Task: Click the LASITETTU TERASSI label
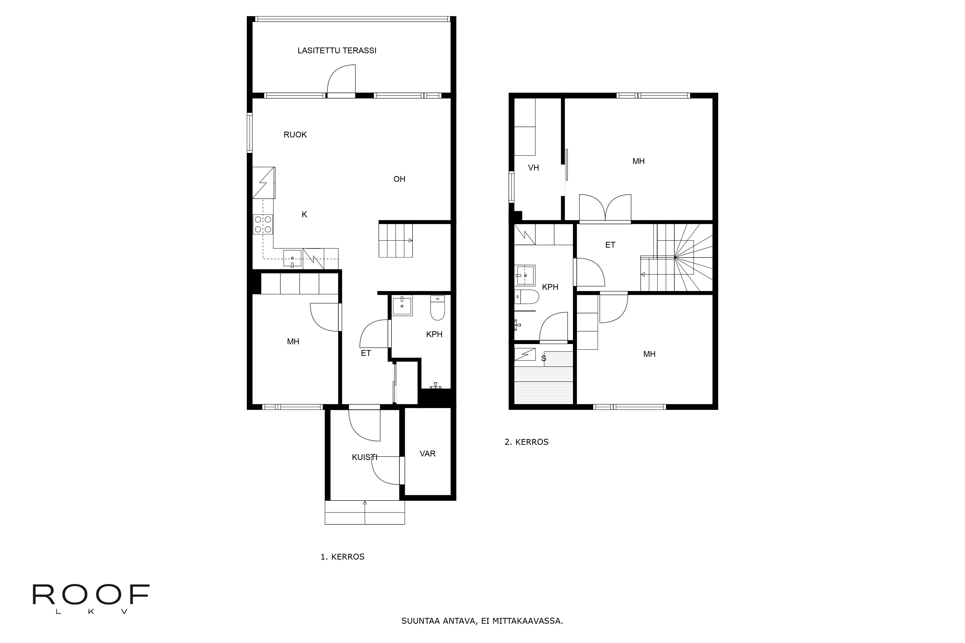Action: coord(337,50)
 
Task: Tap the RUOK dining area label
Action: coord(295,135)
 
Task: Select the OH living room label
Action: coord(399,179)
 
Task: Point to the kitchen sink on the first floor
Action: coord(292,258)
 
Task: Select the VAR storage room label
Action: coord(427,453)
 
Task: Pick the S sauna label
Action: coord(544,359)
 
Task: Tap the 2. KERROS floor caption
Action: coord(526,442)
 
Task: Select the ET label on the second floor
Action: coord(610,245)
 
